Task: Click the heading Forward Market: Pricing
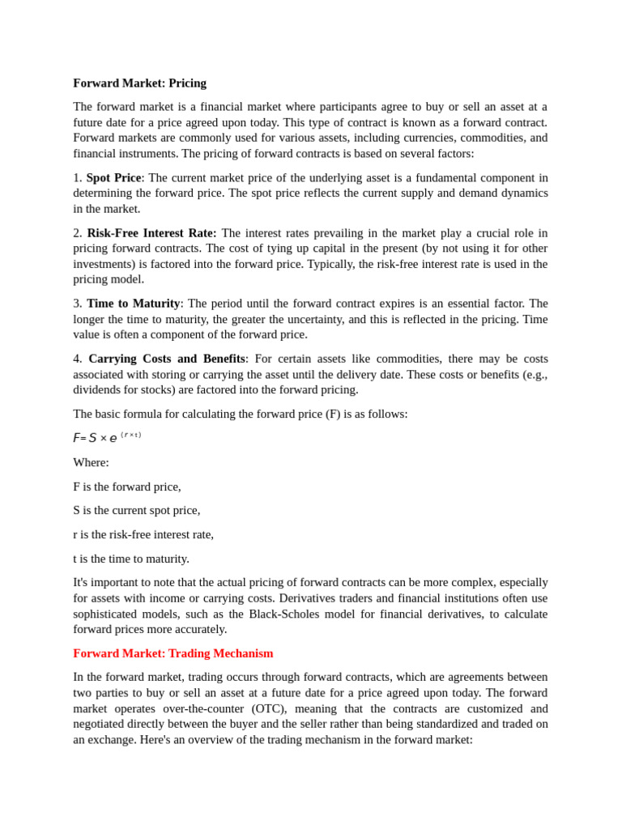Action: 139,83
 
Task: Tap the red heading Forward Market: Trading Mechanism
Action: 173,653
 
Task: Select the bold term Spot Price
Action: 113,177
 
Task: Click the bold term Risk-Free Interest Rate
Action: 151,232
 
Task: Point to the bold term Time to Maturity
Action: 133,303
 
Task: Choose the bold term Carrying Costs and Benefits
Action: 166,358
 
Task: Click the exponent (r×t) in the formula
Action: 130,435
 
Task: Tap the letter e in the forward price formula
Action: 113,438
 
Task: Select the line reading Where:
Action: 91,462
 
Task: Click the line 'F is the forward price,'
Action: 127,487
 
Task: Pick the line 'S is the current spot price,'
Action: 136,510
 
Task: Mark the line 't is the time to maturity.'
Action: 131,558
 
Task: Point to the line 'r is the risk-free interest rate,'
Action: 143,534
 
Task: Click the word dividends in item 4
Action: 97,389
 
